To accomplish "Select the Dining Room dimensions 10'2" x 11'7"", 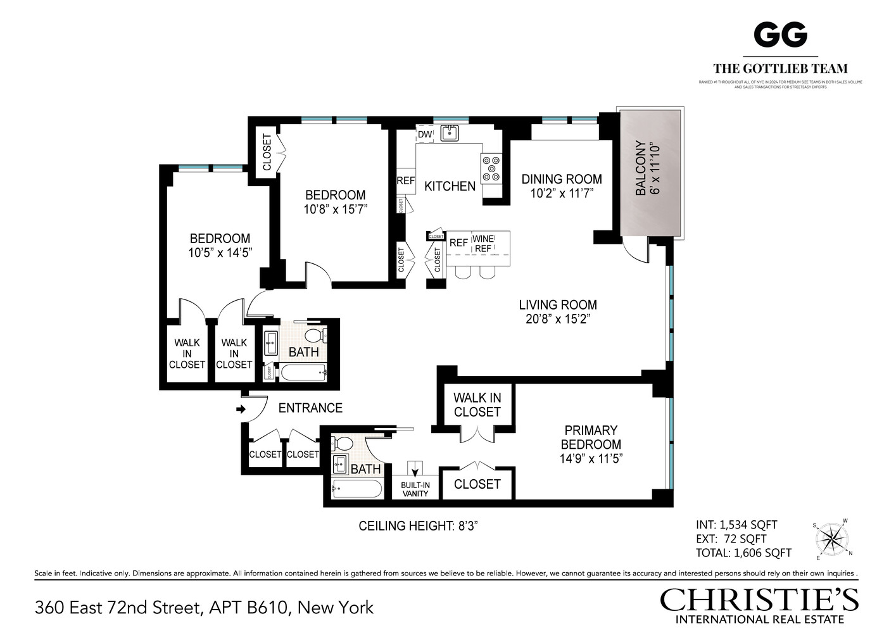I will (562, 193).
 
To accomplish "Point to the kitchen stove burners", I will (491, 168).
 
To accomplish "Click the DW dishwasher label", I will (424, 134).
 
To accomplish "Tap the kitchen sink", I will (450, 133).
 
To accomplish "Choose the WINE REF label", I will (483, 244).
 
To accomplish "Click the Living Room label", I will (557, 305).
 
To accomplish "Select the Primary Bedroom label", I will (591, 437).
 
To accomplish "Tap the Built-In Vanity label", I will (415, 489).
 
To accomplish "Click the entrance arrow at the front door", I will (241, 410).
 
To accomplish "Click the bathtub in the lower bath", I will (357, 489).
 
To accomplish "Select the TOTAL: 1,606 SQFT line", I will (743, 553).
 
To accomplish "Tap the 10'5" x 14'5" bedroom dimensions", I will (220, 253).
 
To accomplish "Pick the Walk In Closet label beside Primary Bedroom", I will (477, 405).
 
